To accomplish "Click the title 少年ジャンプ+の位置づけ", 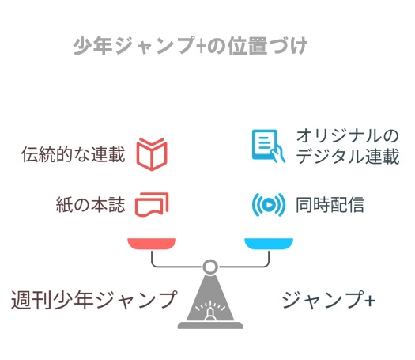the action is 190,46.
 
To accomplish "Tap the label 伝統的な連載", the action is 73,154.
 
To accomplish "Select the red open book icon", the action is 152,154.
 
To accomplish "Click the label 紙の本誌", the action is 91,204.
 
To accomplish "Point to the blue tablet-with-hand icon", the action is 268,146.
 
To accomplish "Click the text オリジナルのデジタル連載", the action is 348,146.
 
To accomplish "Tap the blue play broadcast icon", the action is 269,204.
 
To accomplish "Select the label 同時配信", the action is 330,204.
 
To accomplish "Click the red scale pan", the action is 152,244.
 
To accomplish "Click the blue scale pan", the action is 269,244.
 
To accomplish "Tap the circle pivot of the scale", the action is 210,267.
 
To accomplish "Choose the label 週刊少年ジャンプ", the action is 94,300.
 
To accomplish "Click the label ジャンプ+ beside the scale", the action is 329,300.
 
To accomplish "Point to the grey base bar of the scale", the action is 210,325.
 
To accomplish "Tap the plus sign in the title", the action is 202,47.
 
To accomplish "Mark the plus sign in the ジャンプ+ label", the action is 370,301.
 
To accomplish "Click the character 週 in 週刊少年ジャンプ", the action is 21,300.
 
